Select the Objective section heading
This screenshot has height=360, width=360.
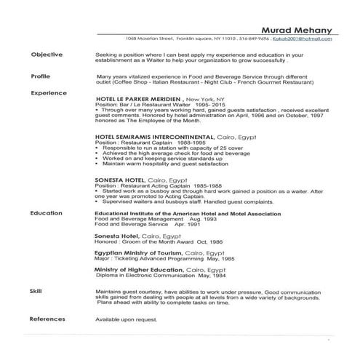47,55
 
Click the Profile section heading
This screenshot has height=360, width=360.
41,76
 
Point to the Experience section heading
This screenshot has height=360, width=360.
49,93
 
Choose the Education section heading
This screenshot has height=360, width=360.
47,214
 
